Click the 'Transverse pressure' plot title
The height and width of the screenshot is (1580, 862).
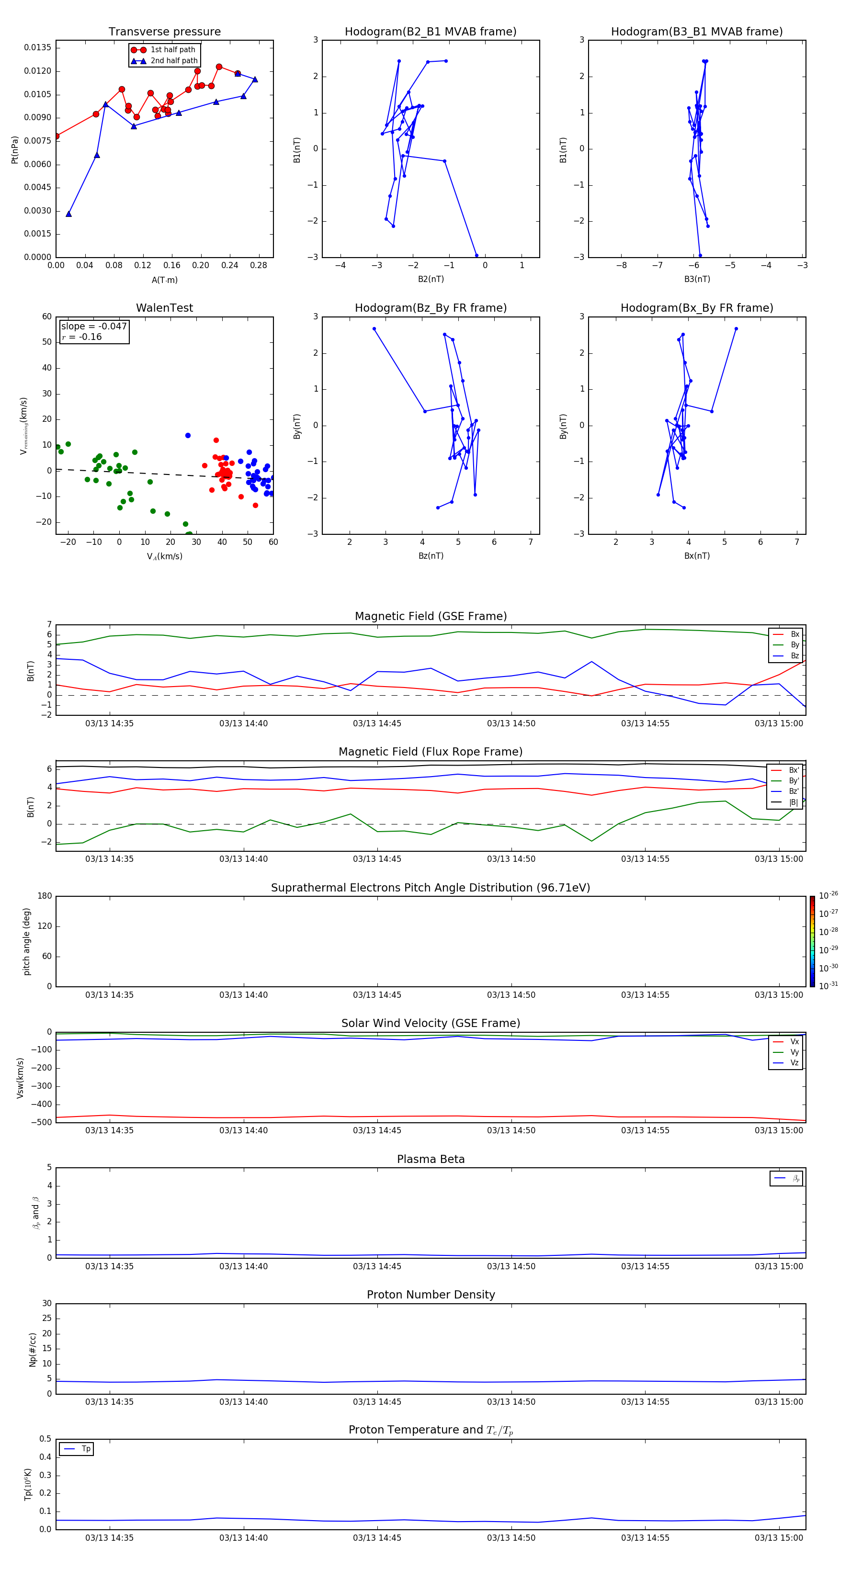(164, 32)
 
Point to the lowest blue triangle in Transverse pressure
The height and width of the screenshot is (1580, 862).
(68, 214)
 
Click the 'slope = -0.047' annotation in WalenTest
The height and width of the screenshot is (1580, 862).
(94, 327)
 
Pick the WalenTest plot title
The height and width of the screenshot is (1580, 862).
(164, 308)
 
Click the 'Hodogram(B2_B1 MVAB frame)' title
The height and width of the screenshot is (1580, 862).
(430, 32)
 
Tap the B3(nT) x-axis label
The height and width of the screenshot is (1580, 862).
(697, 279)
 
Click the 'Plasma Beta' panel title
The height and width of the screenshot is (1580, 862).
(431, 1159)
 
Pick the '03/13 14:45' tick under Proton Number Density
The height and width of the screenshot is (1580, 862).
(377, 1401)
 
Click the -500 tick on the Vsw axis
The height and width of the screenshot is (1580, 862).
(42, 1122)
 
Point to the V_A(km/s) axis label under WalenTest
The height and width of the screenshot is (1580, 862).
(164, 556)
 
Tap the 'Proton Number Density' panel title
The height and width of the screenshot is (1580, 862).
(431, 1295)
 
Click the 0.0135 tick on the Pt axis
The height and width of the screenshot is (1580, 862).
(38, 48)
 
